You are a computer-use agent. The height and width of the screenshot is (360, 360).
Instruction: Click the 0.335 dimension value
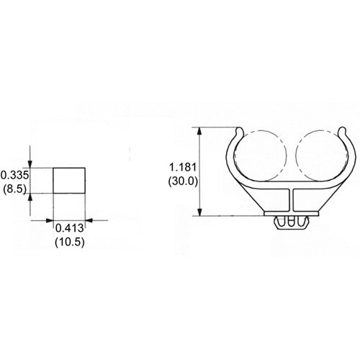[x=13, y=175]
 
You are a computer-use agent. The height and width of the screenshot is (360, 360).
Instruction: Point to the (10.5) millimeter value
[x=69, y=243]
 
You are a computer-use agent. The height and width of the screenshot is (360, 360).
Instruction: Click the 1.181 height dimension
[x=178, y=167]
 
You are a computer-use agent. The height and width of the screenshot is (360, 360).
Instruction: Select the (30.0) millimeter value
[x=178, y=181]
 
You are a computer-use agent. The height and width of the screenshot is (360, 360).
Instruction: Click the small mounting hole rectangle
[x=69, y=181]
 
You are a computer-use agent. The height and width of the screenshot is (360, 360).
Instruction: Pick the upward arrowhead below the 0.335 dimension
[x=30, y=197]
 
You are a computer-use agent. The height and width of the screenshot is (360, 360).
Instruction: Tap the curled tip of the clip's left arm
[x=238, y=131]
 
